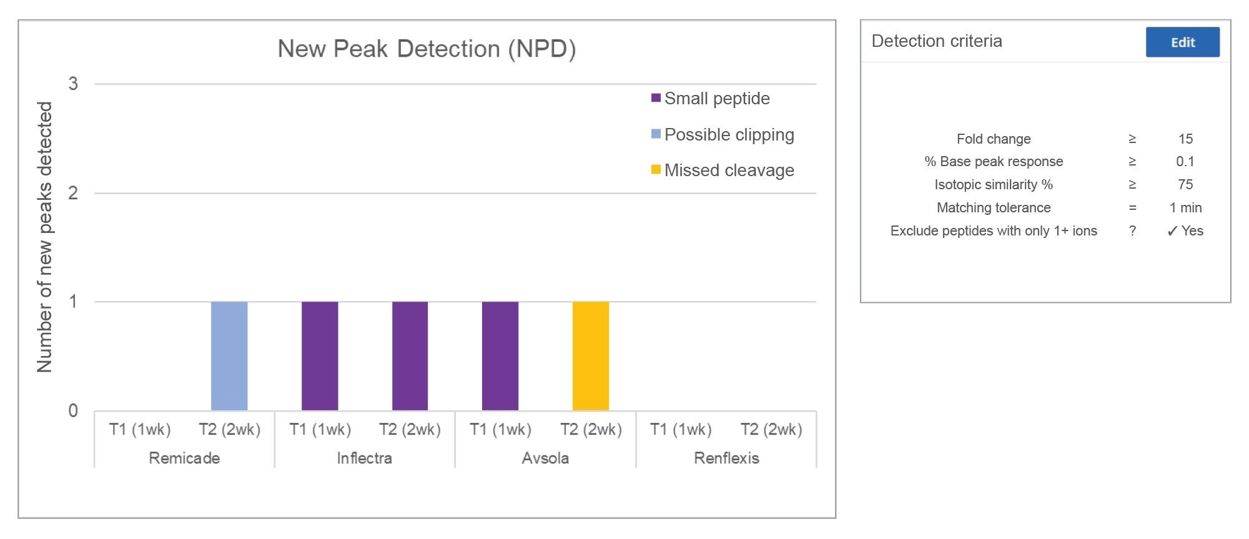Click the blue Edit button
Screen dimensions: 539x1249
click(x=1182, y=42)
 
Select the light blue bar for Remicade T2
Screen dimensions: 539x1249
click(x=229, y=356)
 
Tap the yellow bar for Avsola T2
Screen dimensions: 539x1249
click(x=590, y=356)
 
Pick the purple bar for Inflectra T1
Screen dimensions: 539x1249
click(x=320, y=356)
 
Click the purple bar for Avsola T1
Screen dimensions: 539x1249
click(x=500, y=356)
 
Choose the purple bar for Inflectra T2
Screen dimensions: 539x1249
click(x=410, y=356)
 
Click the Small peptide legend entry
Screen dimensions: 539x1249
click(x=716, y=99)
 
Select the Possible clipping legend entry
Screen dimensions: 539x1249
click(x=728, y=135)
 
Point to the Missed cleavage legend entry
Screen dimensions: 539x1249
click(x=728, y=171)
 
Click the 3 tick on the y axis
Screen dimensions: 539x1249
click(x=73, y=84)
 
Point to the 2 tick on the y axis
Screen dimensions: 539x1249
click(x=73, y=193)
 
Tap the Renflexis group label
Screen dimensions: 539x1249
click(x=726, y=458)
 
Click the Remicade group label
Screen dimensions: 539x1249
click(x=184, y=458)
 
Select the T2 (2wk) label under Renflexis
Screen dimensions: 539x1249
click(x=771, y=430)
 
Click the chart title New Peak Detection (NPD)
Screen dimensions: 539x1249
click(x=427, y=49)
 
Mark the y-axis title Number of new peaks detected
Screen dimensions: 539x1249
click(x=45, y=237)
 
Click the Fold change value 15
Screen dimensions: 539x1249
click(x=1185, y=139)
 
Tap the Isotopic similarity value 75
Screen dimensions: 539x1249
click(x=1185, y=185)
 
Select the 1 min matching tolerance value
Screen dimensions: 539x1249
click(x=1185, y=208)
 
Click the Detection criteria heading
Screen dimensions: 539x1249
click(x=937, y=41)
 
